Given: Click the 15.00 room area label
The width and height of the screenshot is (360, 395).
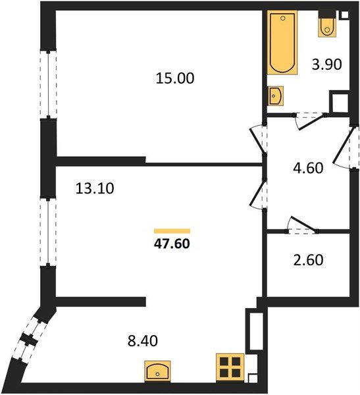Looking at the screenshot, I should pyautogui.click(x=175, y=78).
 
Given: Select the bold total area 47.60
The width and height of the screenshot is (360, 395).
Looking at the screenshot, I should pyautogui.click(x=172, y=242).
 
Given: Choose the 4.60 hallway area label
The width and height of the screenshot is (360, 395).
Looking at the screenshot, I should pyautogui.click(x=308, y=167).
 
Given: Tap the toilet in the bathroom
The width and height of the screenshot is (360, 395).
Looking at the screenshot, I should pyautogui.click(x=328, y=26).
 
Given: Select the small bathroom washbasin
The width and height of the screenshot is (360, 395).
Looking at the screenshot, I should pyautogui.click(x=276, y=96).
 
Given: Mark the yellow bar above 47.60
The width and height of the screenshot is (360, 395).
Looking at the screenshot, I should pyautogui.click(x=172, y=230).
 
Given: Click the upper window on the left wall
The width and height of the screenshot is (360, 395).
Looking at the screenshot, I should pyautogui.click(x=48, y=84).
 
